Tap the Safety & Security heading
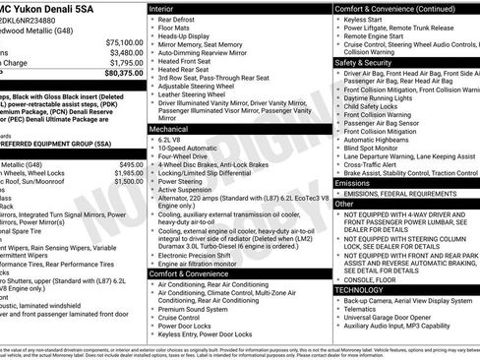coord(370,61)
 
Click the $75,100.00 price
coord(124,43)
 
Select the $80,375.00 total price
coord(124,73)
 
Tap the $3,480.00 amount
coord(125,53)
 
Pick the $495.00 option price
coord(130,164)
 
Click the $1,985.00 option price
coord(128,173)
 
